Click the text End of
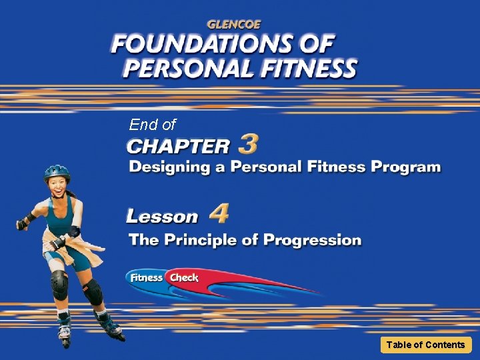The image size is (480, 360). point(152,125)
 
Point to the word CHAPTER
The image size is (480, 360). point(178,145)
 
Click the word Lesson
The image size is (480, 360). point(163,217)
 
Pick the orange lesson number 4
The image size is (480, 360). point(219,214)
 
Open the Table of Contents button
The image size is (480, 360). point(425,345)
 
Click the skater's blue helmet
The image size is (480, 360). point(57,172)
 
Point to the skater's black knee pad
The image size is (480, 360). point(60,285)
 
